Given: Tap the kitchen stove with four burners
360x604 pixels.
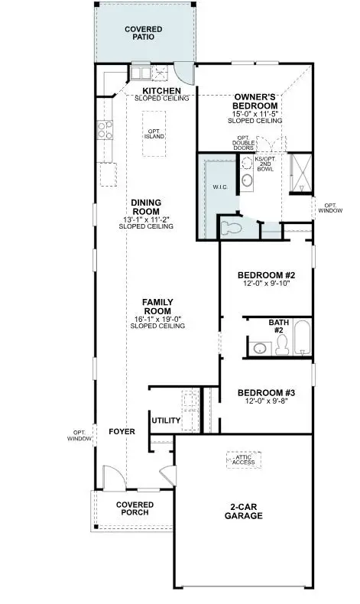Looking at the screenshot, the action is (105, 130).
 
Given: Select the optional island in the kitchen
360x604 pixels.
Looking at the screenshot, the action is (154, 134).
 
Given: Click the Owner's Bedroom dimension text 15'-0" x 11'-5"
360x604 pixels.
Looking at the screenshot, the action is (255, 114).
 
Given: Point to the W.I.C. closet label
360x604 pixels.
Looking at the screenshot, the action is (220, 187).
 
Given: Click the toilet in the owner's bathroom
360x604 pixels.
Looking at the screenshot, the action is (231, 229).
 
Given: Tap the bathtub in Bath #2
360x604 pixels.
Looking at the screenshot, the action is (302, 337).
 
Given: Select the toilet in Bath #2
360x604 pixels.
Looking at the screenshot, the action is (282, 344).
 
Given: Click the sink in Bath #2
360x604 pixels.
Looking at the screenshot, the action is (260, 348).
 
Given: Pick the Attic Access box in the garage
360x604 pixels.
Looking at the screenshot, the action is (244, 460).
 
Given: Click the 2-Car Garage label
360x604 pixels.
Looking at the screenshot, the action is (244, 511).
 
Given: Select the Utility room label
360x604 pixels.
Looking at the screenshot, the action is (166, 421).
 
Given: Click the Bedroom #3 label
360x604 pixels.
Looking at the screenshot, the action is (266, 393).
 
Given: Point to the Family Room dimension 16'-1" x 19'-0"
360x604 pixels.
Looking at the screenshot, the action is (158, 319).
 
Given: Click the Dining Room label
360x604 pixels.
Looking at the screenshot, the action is (146, 207).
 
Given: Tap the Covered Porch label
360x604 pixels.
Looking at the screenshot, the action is (135, 508).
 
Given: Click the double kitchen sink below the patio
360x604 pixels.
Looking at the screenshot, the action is (141, 73).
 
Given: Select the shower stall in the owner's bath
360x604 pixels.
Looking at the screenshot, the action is (300, 173).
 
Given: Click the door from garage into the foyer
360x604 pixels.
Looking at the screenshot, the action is (169, 476).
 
